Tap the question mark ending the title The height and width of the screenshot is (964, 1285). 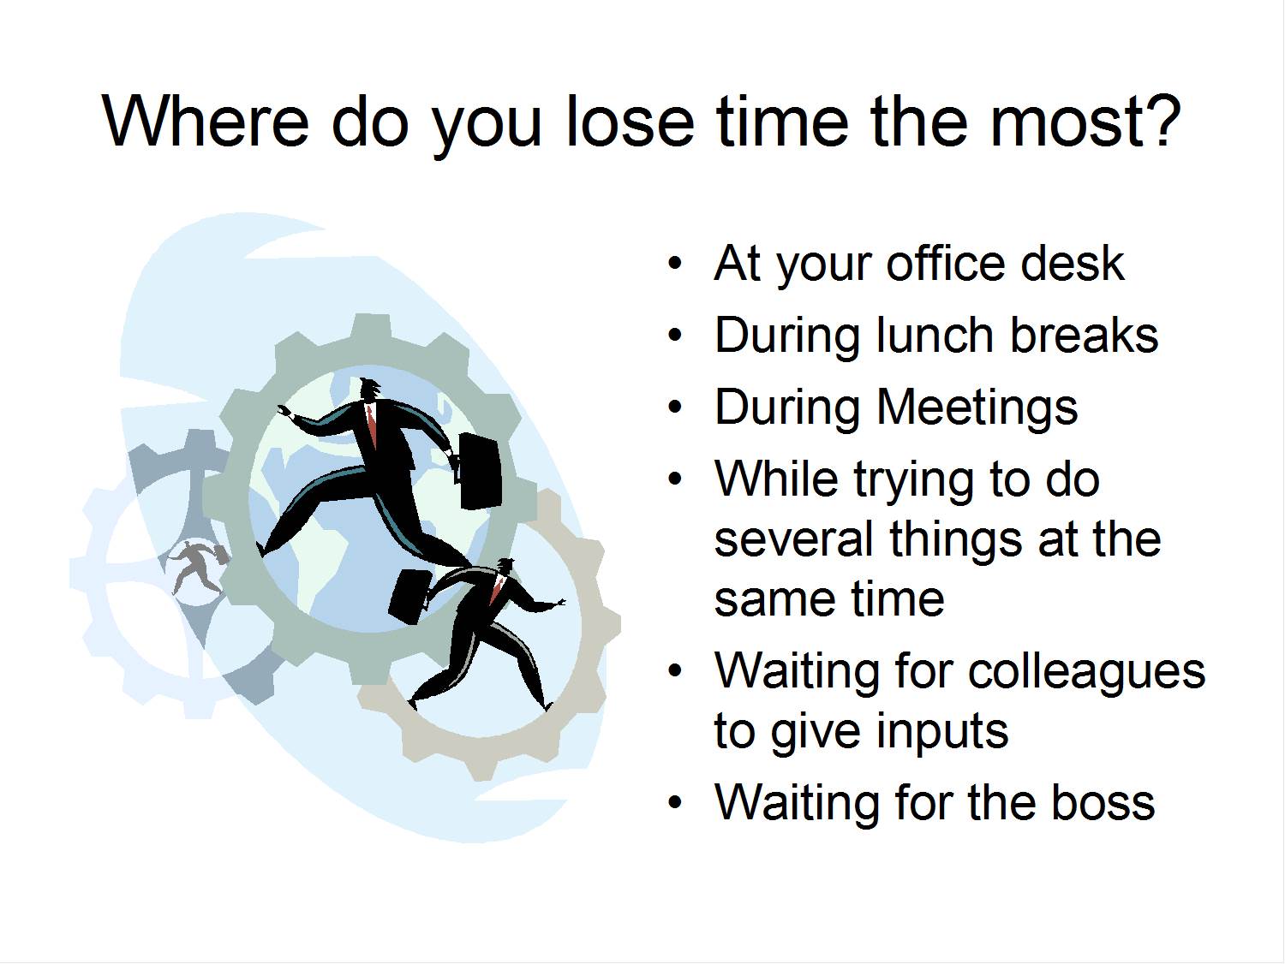coord(1162,121)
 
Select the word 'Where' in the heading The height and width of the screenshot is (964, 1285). coord(206,121)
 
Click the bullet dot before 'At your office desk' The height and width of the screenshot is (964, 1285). coord(676,264)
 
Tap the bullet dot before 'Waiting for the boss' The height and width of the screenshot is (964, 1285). coord(676,803)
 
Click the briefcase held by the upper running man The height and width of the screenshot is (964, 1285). coord(480,471)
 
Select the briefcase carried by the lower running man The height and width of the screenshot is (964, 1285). coord(409,595)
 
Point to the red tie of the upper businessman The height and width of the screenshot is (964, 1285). coord(372,425)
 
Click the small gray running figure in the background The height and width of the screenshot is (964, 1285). coord(195,566)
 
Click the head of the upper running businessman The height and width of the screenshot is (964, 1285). coord(371,390)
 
